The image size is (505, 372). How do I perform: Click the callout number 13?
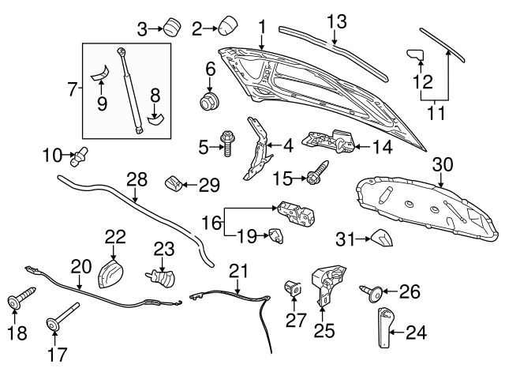point(337,21)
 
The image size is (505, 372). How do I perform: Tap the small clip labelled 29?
point(172,185)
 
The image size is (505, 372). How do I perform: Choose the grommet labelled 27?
point(293,289)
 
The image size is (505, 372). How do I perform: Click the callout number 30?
point(443,164)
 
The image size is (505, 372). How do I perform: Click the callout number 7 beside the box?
point(71,89)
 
